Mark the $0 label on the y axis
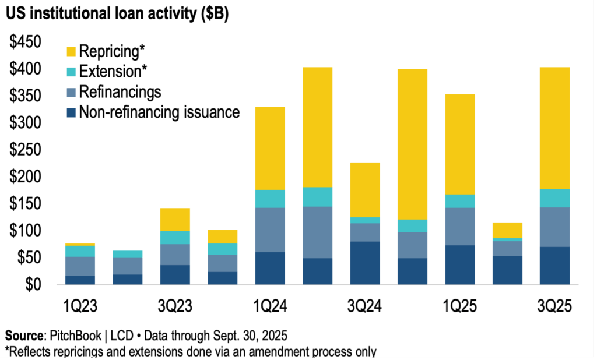coord(32,284)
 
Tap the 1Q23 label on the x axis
coord(80,306)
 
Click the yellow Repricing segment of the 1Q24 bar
coord(270,148)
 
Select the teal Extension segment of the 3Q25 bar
coord(554,198)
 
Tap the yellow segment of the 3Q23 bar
coord(175,219)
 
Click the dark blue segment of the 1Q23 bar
coord(80,280)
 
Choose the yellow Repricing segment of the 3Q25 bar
coord(554,128)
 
